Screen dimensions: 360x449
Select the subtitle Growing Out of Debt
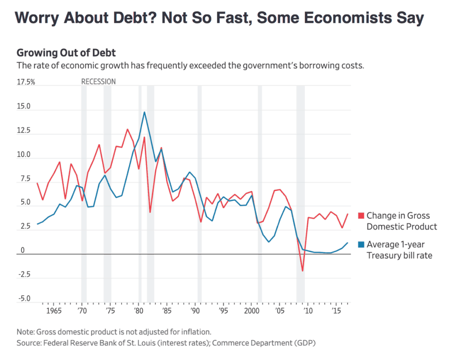pos(66,53)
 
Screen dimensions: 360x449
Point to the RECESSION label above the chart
pos(99,82)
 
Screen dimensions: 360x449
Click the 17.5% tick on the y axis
pos(26,82)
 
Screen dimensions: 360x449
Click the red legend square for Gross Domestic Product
pos(361,215)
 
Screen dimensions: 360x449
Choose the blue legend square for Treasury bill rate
pos(361,244)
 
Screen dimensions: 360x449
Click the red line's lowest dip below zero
pos(302,271)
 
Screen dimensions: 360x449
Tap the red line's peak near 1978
pos(127,129)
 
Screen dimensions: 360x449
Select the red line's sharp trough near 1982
pos(150,212)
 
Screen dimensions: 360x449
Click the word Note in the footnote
pos(25,331)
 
